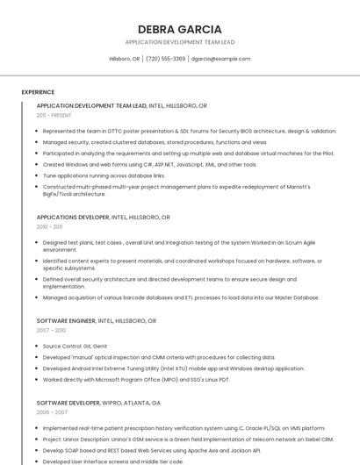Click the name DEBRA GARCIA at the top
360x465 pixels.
(x=179, y=29)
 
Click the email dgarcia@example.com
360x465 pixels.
(x=220, y=59)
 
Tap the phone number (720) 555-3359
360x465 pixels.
(x=165, y=59)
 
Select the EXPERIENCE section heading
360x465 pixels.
(x=38, y=92)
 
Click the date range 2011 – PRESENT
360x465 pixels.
(x=54, y=115)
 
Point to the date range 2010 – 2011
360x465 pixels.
(x=50, y=226)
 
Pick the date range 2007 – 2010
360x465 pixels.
(x=51, y=331)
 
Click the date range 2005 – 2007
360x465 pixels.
(x=52, y=411)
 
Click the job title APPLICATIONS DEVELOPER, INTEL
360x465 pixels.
(x=103, y=217)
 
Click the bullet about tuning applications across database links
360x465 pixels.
(x=104, y=175)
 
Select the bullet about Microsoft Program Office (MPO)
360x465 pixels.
(x=136, y=380)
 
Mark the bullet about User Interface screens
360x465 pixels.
(x=112, y=461)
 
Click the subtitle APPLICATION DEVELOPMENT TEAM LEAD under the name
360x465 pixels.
(x=179, y=42)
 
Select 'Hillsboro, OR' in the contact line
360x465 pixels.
(x=124, y=59)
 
